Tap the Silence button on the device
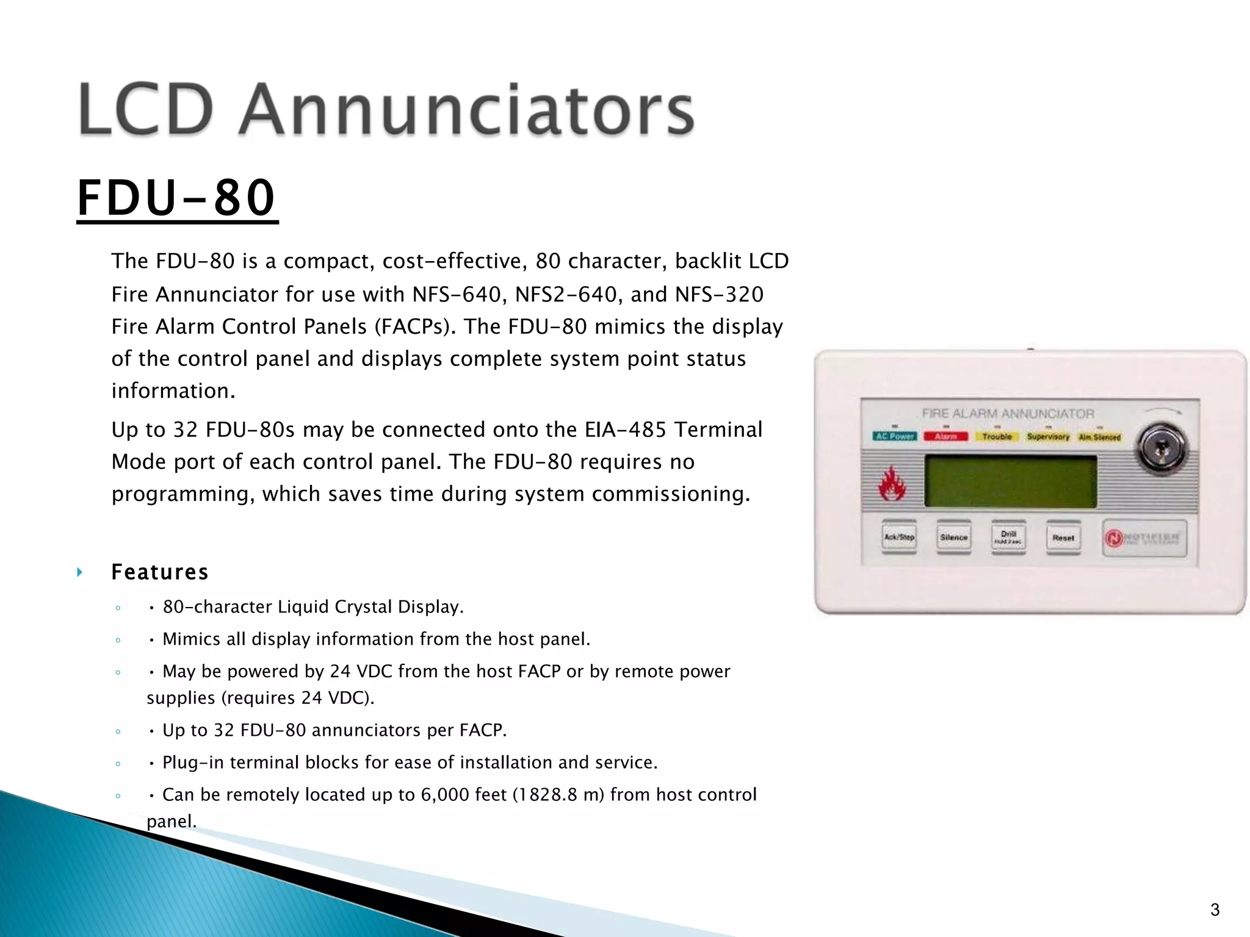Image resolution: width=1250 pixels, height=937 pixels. click(953, 537)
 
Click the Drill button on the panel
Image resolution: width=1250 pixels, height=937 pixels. click(1008, 537)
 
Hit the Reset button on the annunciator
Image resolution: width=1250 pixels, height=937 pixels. click(1063, 537)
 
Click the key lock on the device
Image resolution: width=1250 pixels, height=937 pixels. click(1160, 448)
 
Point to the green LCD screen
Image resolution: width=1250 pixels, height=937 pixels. click(1010, 481)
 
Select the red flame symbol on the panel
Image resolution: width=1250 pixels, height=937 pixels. click(892, 484)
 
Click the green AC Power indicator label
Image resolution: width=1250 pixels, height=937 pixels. click(895, 436)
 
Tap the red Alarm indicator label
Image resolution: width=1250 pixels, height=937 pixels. click(945, 436)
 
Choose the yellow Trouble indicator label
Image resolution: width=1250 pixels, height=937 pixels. click(997, 436)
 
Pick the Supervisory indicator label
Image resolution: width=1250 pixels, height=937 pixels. click(1048, 437)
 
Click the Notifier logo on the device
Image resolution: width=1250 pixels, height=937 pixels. click(1144, 538)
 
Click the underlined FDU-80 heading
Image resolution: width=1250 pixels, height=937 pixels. click(177, 198)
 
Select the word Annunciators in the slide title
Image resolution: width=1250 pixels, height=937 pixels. click(466, 110)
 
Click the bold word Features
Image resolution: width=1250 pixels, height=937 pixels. click(160, 572)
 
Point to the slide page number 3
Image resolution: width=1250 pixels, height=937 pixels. click(1215, 910)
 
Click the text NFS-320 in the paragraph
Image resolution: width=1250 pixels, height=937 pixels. click(719, 295)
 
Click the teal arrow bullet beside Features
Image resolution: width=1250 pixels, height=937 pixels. click(79, 572)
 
